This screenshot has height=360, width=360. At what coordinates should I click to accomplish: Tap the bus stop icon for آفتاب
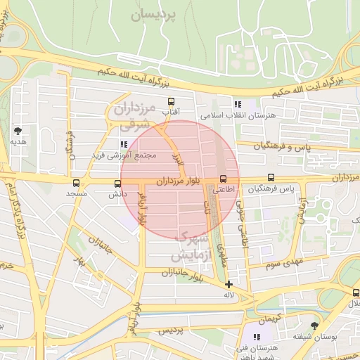click(x=170, y=101)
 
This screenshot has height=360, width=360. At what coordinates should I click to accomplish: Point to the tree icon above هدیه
click(x=18, y=130)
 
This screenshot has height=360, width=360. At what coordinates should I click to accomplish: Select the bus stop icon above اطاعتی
click(x=224, y=179)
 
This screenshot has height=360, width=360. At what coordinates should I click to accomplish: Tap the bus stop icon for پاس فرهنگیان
click(x=271, y=179)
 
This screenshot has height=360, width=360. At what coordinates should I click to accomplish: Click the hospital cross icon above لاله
click(x=229, y=285)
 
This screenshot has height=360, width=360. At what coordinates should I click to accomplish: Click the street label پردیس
click(x=169, y=330)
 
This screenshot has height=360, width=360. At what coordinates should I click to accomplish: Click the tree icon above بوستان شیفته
click(x=314, y=326)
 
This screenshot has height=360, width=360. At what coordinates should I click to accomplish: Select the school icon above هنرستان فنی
click(x=257, y=337)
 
